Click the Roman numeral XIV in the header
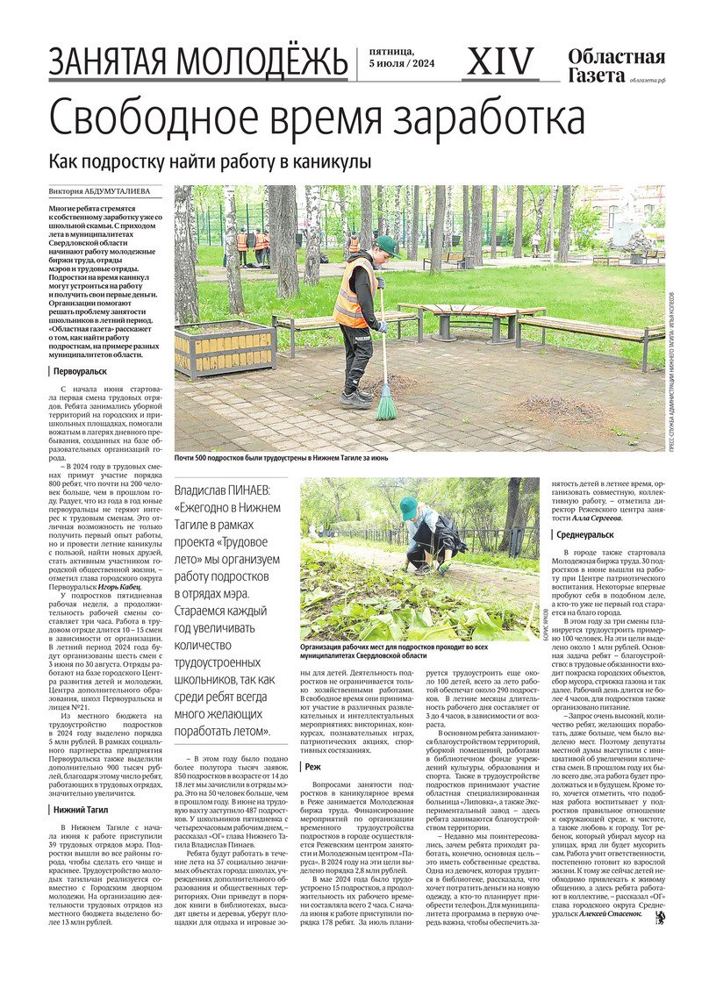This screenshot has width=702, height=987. tap(502, 61)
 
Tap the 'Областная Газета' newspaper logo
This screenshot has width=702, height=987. tap(615, 66)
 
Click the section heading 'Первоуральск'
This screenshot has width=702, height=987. tap(83, 370)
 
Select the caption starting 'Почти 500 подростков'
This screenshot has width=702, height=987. tap(281, 458)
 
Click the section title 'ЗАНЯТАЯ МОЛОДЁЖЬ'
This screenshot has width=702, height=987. tap(197, 62)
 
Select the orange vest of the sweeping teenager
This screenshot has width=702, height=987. tap(352, 294)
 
